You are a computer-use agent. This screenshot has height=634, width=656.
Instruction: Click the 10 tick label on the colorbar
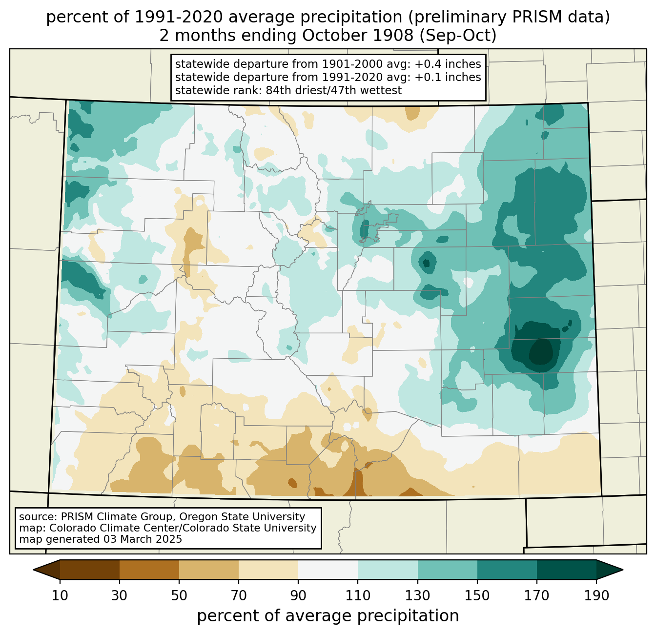[60, 596]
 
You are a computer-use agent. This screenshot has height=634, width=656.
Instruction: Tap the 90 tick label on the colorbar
[298, 596]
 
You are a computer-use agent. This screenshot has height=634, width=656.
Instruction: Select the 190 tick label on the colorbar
[596, 596]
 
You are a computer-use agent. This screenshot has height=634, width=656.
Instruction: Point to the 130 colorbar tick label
[417, 596]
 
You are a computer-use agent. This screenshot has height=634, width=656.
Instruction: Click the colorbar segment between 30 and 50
[149, 570]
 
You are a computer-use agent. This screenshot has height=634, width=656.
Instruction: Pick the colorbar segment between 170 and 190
[566, 570]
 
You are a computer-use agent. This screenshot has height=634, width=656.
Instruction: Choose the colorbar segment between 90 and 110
[328, 570]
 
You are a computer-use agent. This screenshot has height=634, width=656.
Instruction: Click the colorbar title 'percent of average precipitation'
[328, 616]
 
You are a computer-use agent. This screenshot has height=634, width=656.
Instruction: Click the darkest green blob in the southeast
[542, 352]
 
